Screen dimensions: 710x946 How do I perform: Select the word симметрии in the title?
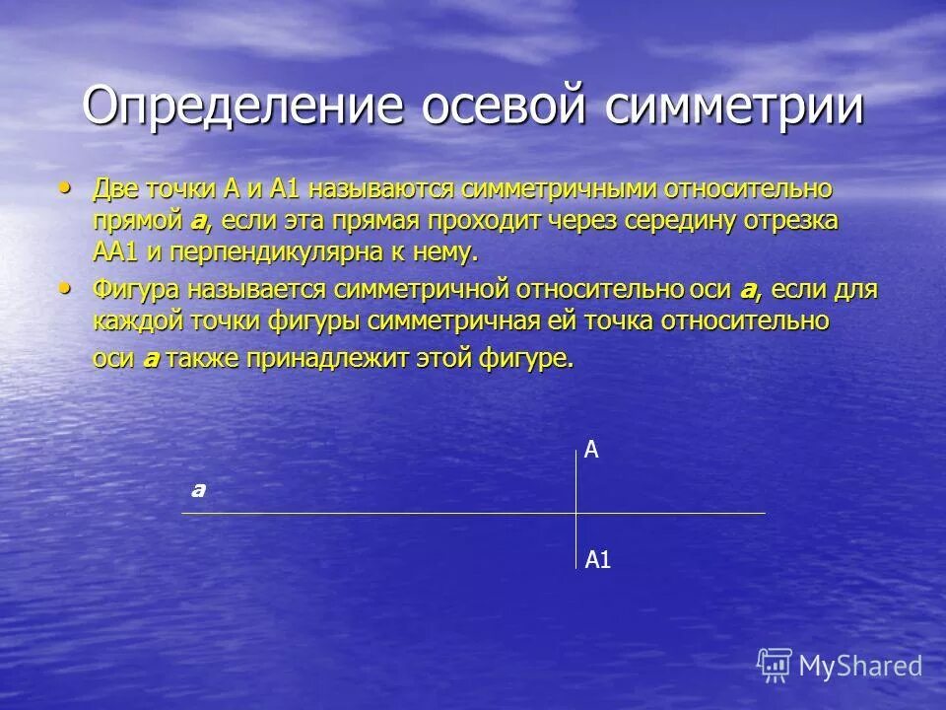point(735,107)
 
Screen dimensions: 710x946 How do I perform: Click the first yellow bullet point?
point(66,185)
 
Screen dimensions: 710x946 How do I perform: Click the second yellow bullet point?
point(66,288)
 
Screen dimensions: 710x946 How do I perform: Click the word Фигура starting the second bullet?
point(139,290)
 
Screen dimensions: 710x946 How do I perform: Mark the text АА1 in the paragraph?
point(116,252)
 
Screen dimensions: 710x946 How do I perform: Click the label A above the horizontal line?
point(591,451)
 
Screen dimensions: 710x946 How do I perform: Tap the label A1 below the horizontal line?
point(598,561)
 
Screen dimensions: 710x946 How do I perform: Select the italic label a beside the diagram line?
point(198,489)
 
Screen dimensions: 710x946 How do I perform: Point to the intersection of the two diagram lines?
point(576,513)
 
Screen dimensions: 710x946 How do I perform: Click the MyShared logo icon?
point(775,665)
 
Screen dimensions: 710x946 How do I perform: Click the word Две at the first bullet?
point(116,187)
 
